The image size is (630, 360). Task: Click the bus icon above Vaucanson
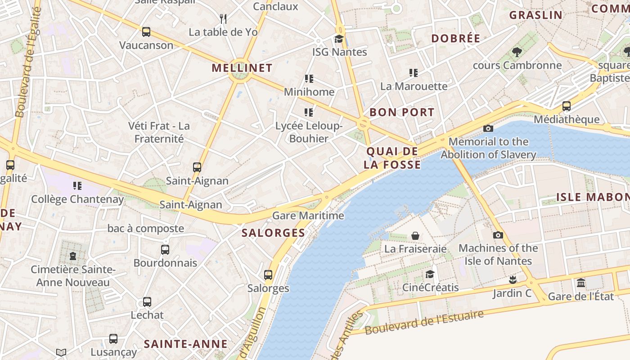[146, 32]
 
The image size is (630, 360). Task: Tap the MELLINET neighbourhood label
[242, 68]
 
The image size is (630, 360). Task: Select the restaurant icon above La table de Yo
[223, 18]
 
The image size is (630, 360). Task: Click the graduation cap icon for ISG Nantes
[339, 39]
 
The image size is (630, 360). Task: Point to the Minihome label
[309, 92]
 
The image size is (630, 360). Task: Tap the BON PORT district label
[402, 112]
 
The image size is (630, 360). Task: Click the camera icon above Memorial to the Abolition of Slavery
[488, 129]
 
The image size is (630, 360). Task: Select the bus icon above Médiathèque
[566, 107]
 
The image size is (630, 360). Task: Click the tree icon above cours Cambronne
[517, 52]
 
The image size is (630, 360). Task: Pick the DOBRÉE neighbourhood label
[456, 39]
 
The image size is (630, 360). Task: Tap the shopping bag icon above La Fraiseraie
[415, 236]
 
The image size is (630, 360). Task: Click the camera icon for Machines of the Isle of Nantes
[498, 235]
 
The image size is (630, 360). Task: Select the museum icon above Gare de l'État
[581, 283]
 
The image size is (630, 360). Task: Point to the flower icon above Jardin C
[512, 280]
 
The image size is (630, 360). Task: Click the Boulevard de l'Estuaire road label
[424, 322]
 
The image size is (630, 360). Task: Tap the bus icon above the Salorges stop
[268, 274]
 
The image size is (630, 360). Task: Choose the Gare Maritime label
[308, 216]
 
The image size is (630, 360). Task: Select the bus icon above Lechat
[147, 302]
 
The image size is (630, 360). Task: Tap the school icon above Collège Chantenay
[77, 186]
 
